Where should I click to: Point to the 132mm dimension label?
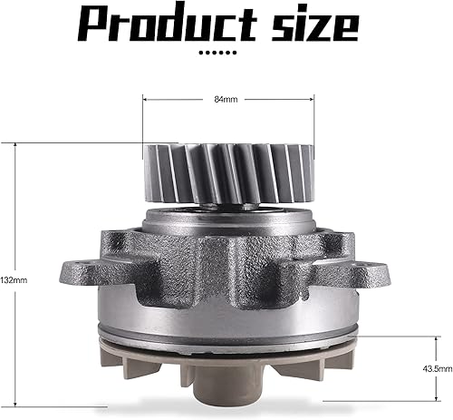point(15,280)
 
